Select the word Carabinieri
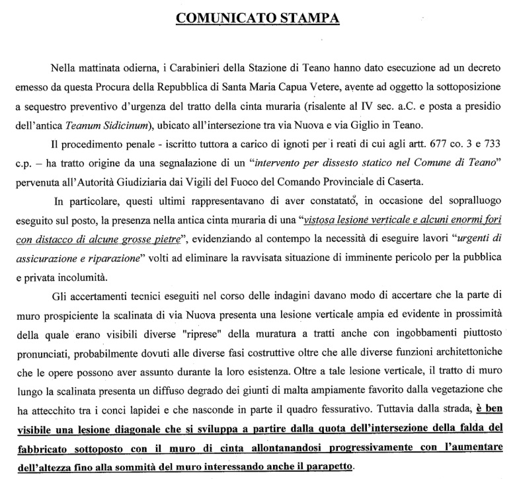tap(196, 67)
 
